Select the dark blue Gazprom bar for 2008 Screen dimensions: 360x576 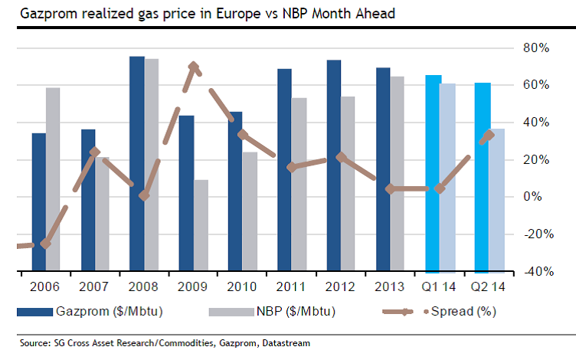(x=137, y=164)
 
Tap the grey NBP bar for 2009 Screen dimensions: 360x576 (x=201, y=225)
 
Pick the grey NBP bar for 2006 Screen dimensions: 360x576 (x=53, y=179)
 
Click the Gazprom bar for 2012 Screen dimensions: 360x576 (x=334, y=165)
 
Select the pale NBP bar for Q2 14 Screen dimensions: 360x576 (x=498, y=200)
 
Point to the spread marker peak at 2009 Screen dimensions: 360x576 (x=194, y=67)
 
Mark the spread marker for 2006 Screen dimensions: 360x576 (x=46, y=244)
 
